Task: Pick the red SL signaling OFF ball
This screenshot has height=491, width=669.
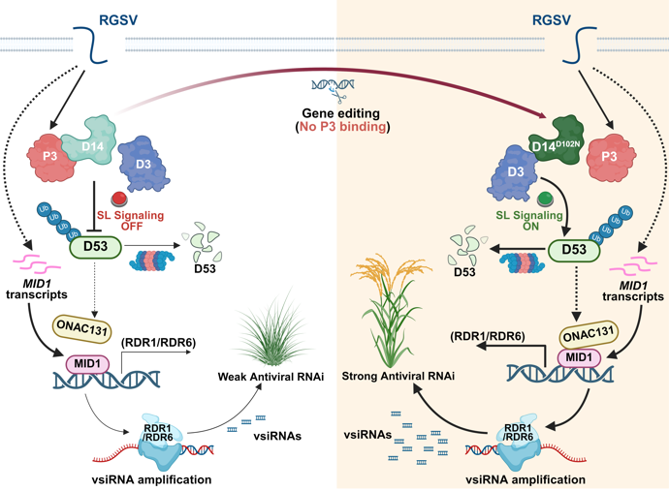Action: pyautogui.click(x=120, y=198)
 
